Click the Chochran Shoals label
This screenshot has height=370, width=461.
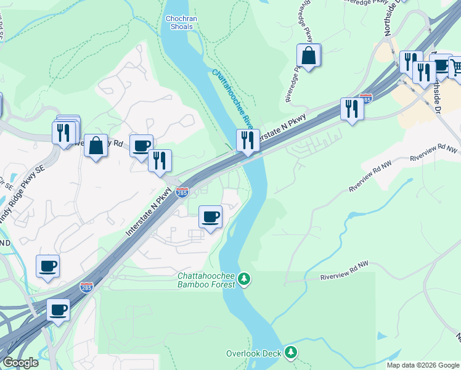(181, 22)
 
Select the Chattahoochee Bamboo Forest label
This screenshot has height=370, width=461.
(206, 280)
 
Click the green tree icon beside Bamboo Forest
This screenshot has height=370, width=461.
(245, 280)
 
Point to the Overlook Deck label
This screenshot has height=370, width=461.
(254, 353)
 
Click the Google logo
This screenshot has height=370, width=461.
(20, 363)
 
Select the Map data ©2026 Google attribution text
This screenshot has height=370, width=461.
(423, 365)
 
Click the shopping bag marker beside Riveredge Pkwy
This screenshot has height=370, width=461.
(308, 56)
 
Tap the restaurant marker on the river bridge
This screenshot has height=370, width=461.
(247, 140)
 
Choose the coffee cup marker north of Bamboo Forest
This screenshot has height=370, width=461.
(211, 217)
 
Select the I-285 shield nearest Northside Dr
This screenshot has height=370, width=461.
(365, 99)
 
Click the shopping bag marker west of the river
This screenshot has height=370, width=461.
(96, 146)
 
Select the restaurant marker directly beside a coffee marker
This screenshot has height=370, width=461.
(160, 160)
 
